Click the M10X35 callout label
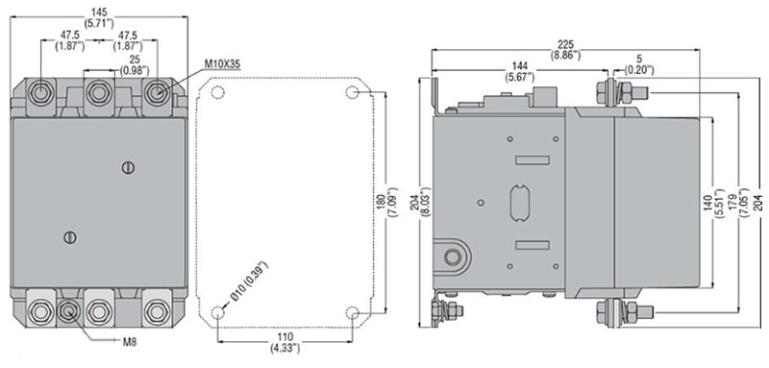(x=222, y=64)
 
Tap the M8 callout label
(x=130, y=342)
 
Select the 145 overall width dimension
(x=99, y=15)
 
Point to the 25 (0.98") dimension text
(x=135, y=65)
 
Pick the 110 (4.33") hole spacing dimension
(x=285, y=342)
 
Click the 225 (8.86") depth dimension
(x=565, y=50)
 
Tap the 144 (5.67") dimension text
(x=519, y=71)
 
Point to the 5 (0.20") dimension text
(x=639, y=65)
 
